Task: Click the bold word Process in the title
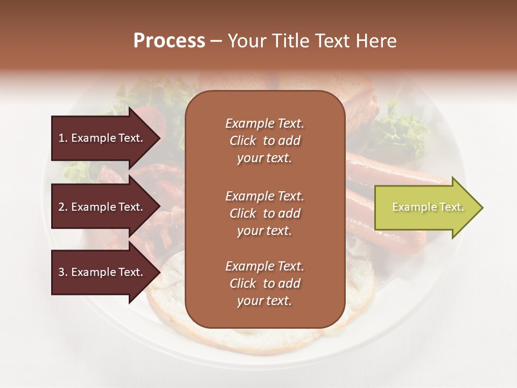[x=169, y=41]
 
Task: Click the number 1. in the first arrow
[x=63, y=138]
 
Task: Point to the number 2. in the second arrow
[x=63, y=207]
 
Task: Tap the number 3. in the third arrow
[x=63, y=272]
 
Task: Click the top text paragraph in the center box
[x=264, y=141]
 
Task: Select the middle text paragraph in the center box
[x=264, y=213]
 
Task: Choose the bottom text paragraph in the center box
[x=264, y=283]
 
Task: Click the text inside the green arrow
[x=428, y=207]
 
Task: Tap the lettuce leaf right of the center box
[x=401, y=132]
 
